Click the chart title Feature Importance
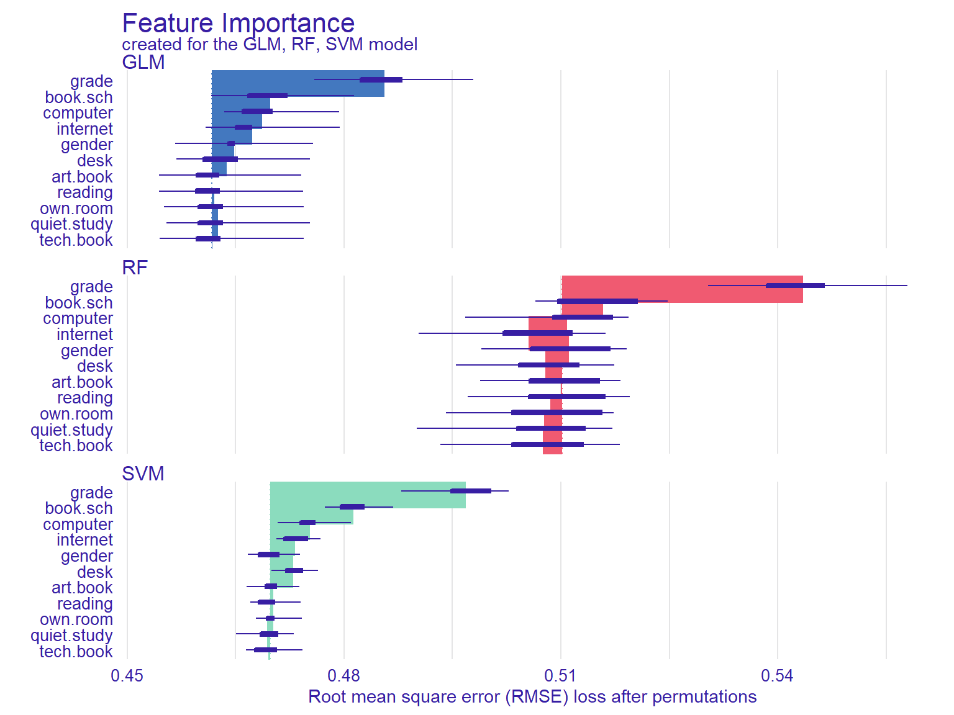tap(238, 24)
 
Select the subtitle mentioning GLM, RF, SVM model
tap(270, 45)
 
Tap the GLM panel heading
tap(143, 63)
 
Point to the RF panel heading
tap(135, 268)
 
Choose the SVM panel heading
tap(143, 474)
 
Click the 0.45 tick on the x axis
tap(127, 676)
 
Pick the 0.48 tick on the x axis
tap(344, 676)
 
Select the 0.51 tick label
tap(561, 676)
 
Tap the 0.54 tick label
tap(778, 676)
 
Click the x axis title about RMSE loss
tap(532, 697)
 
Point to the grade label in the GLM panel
tap(91, 81)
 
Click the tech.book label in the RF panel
tap(76, 446)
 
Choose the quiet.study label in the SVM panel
tap(71, 636)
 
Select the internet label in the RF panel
tap(84, 335)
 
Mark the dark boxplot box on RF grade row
tap(795, 286)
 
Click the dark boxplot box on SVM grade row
tap(470, 491)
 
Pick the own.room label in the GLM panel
tap(76, 209)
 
